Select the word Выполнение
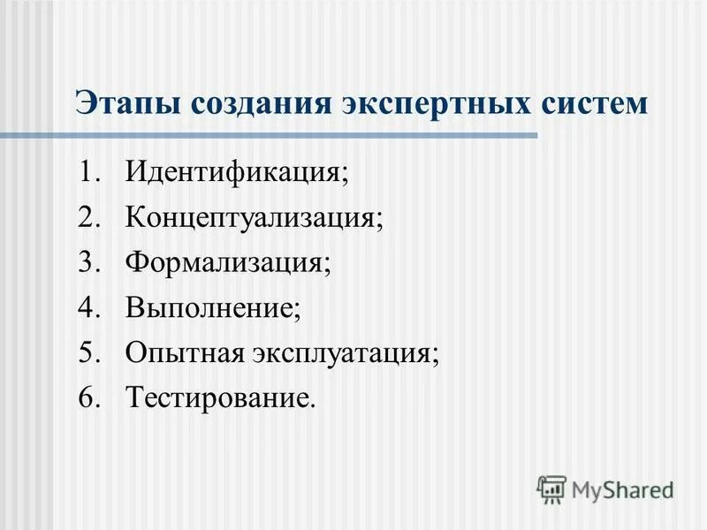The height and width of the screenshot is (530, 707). [x=213, y=308]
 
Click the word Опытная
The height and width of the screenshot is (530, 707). [x=184, y=354]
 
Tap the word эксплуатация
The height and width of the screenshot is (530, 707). [x=346, y=354]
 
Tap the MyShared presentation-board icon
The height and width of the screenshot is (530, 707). [x=551, y=488]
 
